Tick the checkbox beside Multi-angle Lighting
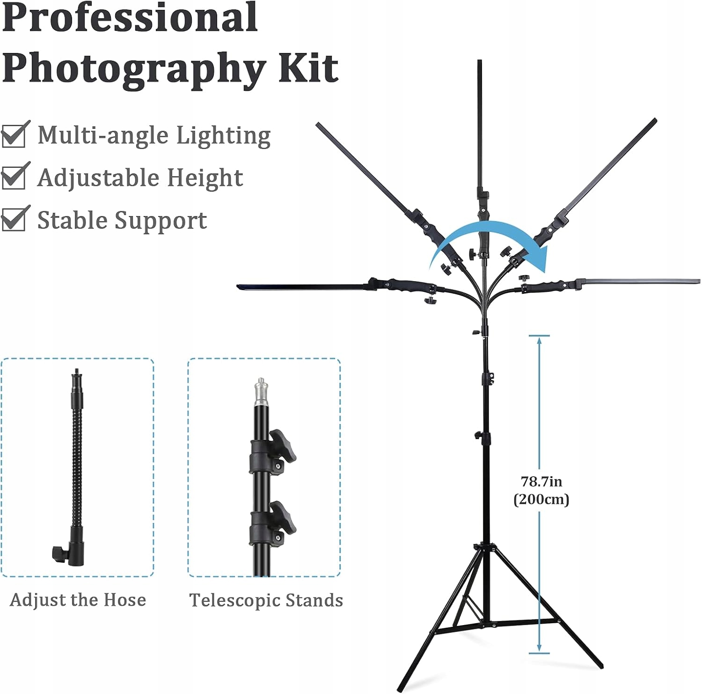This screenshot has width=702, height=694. (x=14, y=135)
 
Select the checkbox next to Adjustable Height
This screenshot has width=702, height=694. (x=14, y=177)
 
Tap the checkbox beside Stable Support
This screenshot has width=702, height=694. (x=14, y=220)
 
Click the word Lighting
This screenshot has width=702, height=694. (x=223, y=136)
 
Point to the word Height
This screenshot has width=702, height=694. (x=205, y=178)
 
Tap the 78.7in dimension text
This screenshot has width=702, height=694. (x=541, y=481)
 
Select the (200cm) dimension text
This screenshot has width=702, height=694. (x=541, y=500)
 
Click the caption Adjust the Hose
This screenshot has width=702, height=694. (x=78, y=600)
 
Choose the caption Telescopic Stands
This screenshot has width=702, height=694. (x=266, y=600)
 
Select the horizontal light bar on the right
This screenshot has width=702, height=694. (x=641, y=281)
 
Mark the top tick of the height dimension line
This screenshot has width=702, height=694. (x=539, y=336)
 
